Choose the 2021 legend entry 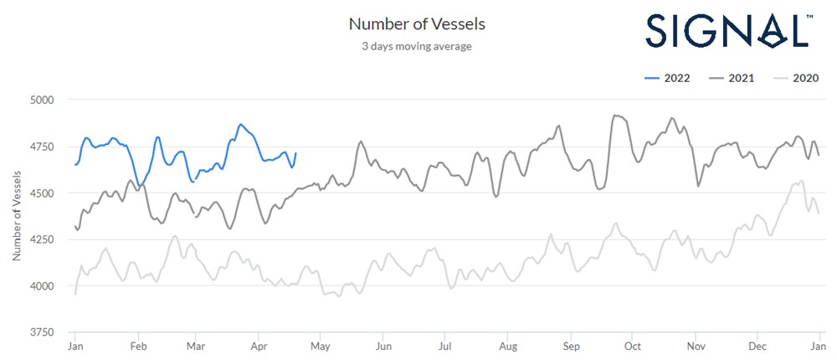[732, 78]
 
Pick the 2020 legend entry [794, 78]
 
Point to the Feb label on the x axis [139, 346]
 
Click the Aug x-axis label [507, 346]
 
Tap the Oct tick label [632, 346]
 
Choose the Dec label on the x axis [757, 346]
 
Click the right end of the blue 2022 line [295, 153]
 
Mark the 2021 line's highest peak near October [615, 116]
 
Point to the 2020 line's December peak [802, 180]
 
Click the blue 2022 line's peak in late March [240, 124]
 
